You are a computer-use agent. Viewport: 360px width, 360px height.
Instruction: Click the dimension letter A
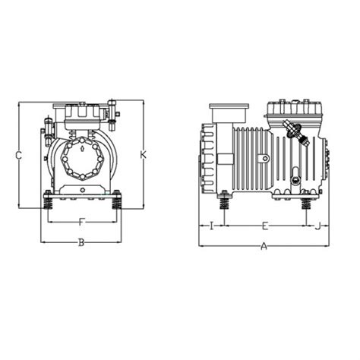(x=264, y=246)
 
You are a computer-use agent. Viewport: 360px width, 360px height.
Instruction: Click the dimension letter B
(x=81, y=243)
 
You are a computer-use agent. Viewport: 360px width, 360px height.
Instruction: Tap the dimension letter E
(x=264, y=226)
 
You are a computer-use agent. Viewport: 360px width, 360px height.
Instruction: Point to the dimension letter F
(x=81, y=223)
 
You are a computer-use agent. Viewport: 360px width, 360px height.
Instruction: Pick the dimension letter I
(x=211, y=226)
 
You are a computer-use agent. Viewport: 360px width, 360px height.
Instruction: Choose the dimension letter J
(x=317, y=226)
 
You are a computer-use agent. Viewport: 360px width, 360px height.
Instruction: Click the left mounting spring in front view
(x=48, y=205)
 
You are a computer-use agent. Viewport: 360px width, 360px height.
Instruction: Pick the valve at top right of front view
(x=114, y=111)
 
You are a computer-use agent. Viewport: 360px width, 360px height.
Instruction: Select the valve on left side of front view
(x=49, y=125)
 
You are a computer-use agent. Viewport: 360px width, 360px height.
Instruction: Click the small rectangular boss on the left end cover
(x=225, y=159)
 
